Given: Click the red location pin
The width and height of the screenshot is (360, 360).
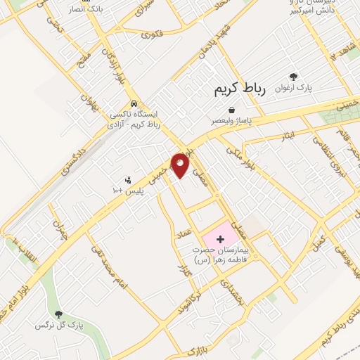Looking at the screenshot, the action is point(181,165).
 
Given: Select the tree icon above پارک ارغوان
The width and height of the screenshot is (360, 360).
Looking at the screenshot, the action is point(293,77).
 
